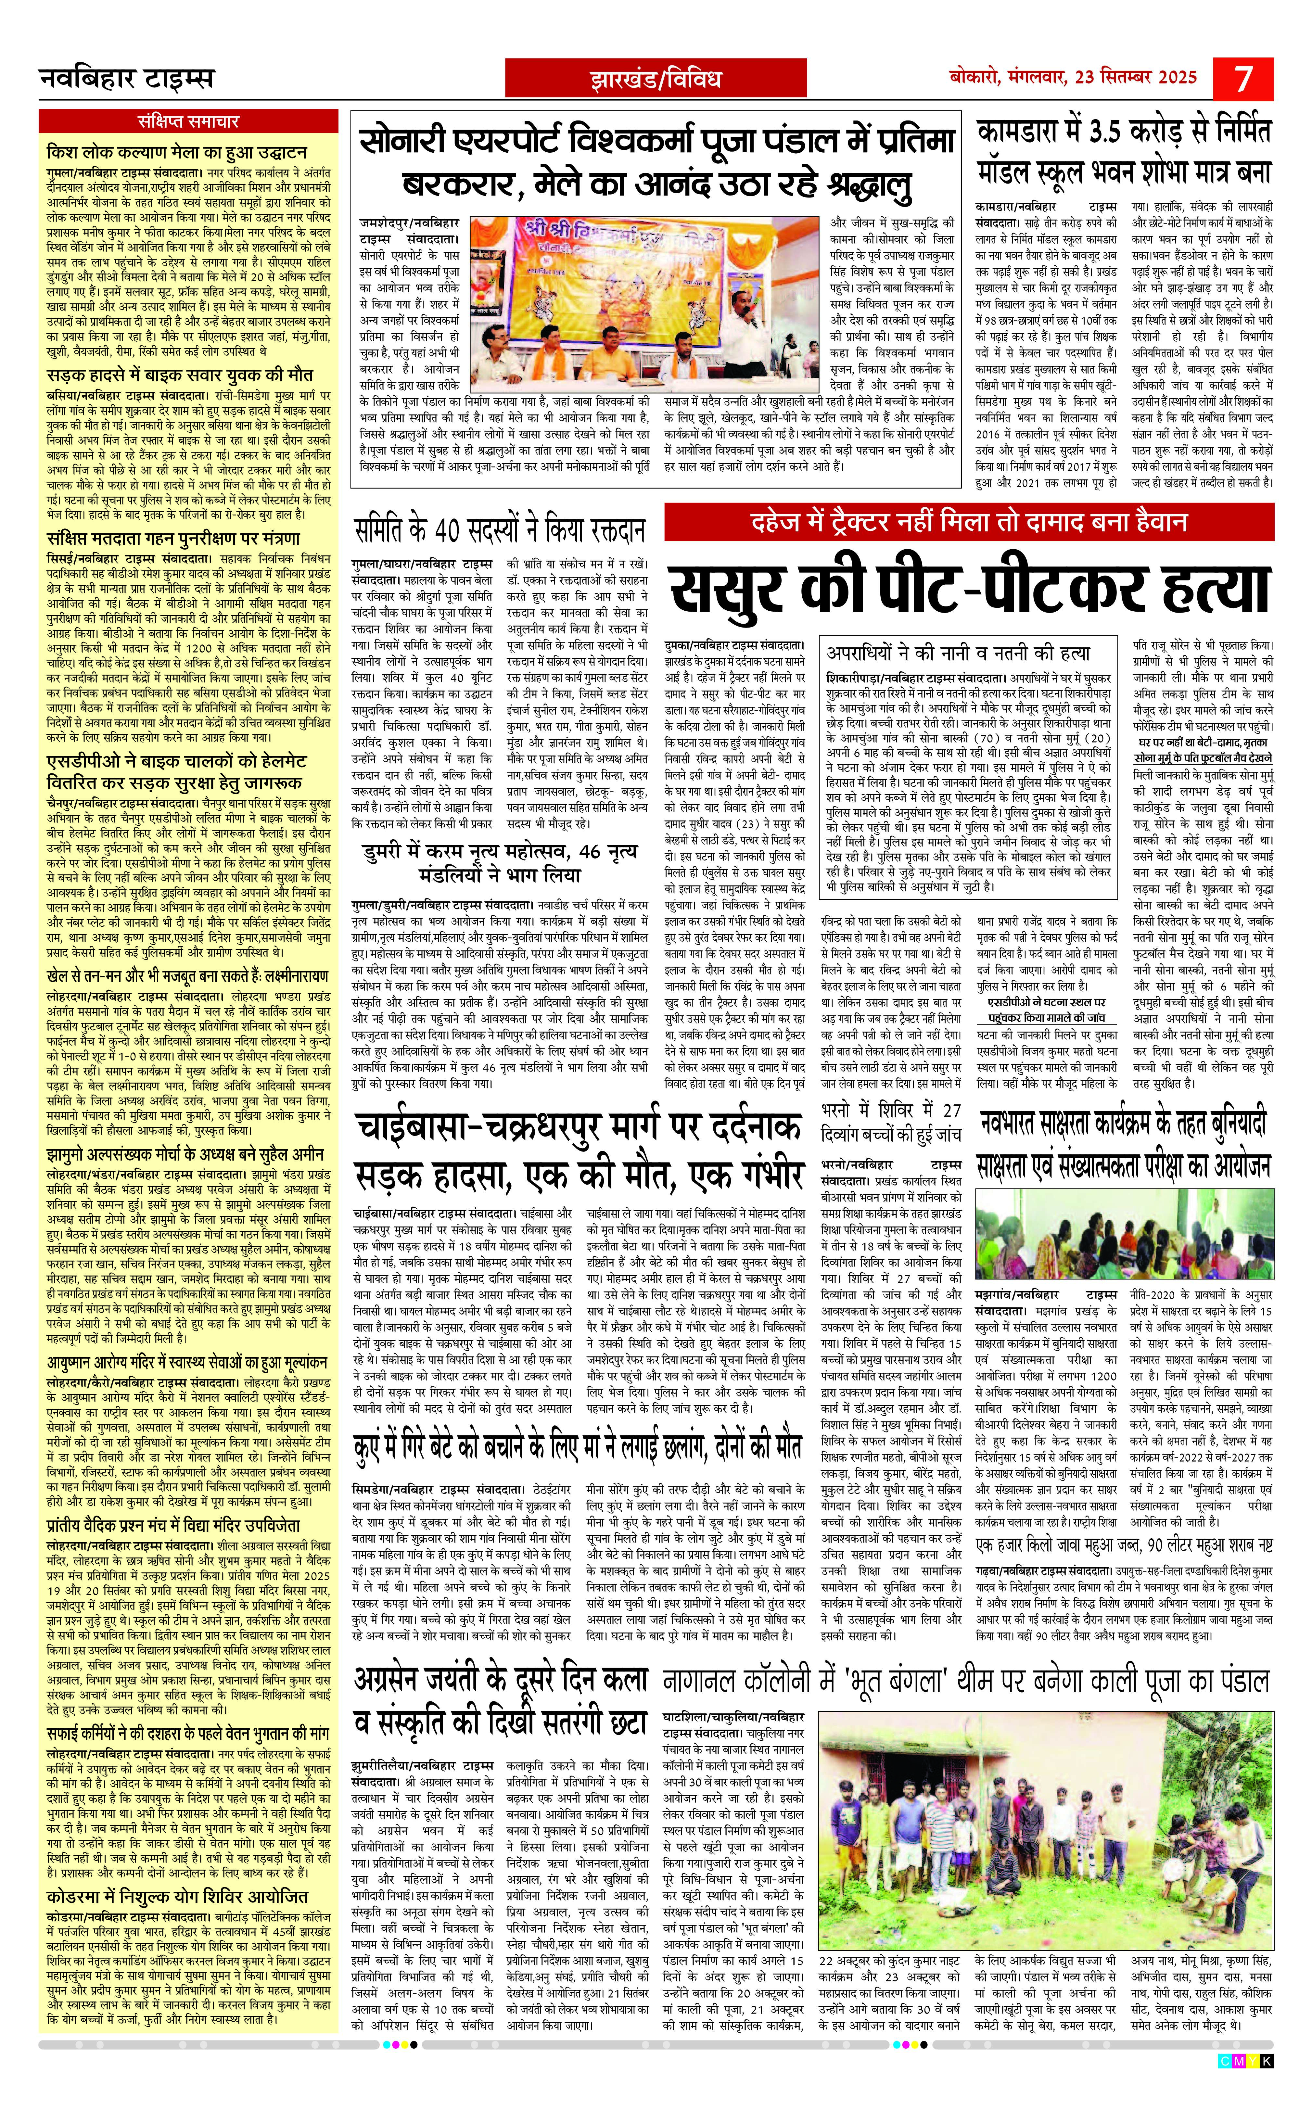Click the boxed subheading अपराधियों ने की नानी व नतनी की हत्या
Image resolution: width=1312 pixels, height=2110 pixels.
[x=958, y=653]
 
